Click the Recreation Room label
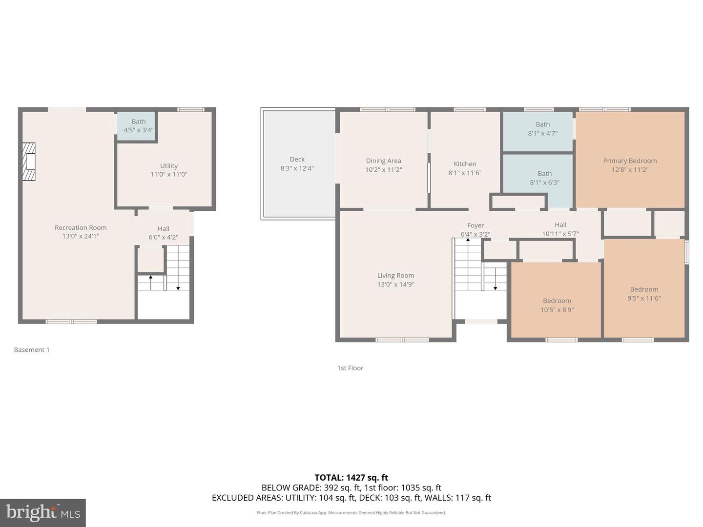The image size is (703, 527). (x=81, y=227)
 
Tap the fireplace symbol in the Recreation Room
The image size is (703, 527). (x=29, y=162)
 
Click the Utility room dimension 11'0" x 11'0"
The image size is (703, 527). (x=169, y=174)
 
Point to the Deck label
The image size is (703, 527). (x=297, y=160)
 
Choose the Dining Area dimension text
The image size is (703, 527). (x=383, y=170)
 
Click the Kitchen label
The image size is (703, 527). (x=465, y=164)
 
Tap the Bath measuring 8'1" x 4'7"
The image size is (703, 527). (x=542, y=129)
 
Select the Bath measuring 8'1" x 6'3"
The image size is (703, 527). (x=544, y=178)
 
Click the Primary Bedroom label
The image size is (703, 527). (x=630, y=161)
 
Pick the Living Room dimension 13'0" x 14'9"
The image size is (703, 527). (x=395, y=284)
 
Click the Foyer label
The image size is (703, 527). (x=476, y=225)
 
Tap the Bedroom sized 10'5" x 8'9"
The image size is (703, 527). (x=557, y=305)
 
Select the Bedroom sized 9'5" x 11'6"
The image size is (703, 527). (x=644, y=294)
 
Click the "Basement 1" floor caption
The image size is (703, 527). (x=32, y=350)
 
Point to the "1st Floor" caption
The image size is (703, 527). (x=350, y=368)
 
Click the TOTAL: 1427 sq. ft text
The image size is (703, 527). (x=351, y=478)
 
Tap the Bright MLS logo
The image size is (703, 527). (x=43, y=512)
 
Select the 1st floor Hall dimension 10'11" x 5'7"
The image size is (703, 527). (x=560, y=234)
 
